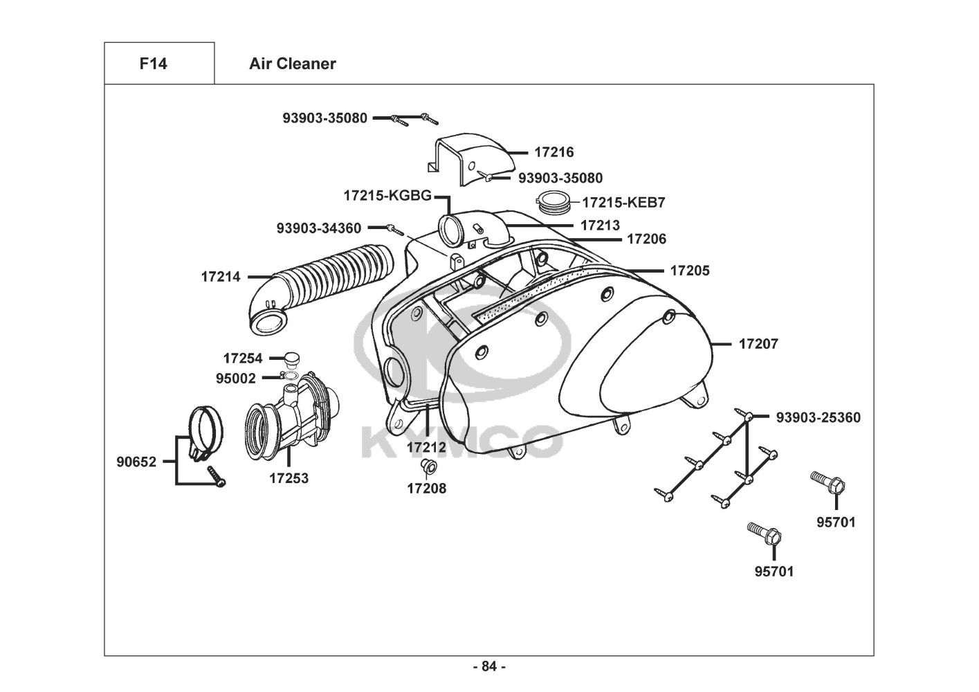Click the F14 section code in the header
(153, 64)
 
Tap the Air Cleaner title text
(292, 64)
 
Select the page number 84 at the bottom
(489, 666)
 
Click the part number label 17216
(554, 152)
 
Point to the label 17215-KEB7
(623, 203)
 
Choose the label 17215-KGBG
(387, 196)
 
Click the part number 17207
(758, 344)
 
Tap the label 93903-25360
(818, 417)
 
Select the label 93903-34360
(318, 227)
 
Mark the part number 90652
(136, 462)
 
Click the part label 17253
(289, 477)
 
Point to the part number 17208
(426, 488)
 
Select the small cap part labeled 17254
(291, 358)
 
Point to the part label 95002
(235, 379)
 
